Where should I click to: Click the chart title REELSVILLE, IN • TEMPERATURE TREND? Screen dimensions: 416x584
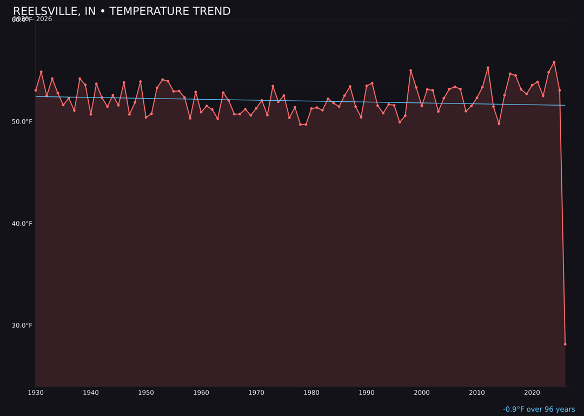coord(122,11)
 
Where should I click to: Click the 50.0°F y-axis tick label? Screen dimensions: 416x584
coord(22,122)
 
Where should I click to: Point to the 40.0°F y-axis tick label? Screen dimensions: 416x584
coord(22,224)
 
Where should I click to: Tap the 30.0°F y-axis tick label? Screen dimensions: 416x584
coord(22,326)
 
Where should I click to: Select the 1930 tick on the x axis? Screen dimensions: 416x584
coord(36,393)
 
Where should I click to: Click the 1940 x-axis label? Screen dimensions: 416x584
coord(91,393)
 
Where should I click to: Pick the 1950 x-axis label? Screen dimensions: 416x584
coord(146,393)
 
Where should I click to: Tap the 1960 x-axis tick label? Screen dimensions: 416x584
coord(201,393)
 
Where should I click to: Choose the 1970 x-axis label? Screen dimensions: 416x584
coord(256,393)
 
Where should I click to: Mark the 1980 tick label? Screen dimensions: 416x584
coord(311,393)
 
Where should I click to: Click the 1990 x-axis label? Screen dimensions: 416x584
coord(367,393)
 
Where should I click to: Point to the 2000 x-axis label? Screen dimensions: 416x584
coord(422,393)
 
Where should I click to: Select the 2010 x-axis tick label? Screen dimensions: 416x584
coord(477,393)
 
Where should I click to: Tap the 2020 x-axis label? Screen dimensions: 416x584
coord(532,393)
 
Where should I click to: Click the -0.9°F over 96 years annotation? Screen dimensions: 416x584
coord(539,409)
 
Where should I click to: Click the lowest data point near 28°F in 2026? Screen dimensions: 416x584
coord(565,344)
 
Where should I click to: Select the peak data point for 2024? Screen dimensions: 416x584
coord(554,62)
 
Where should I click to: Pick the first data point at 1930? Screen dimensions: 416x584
coord(36,90)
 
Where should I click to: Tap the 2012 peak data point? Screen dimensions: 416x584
coord(488,68)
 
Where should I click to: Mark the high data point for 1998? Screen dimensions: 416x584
coord(410,70)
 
